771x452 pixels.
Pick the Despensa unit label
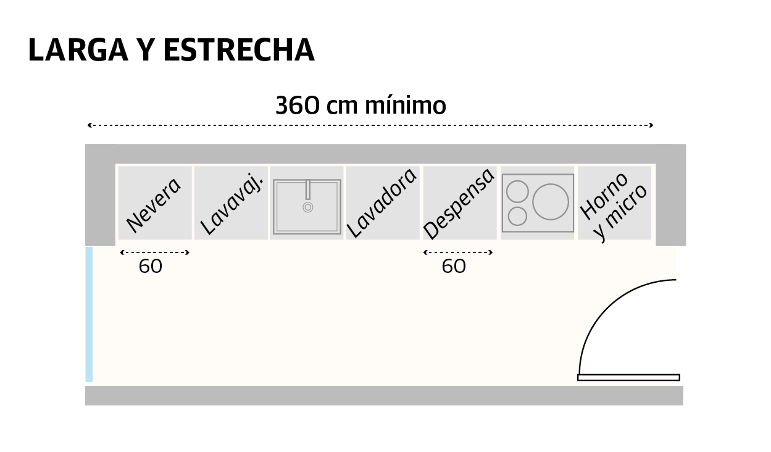pos(459,203)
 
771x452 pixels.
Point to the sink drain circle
pos(307,207)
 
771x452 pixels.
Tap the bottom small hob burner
pos(517,216)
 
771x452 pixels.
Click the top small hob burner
pos(517,192)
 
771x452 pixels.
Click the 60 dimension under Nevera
pos(150,267)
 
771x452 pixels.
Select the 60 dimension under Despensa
pos(454,267)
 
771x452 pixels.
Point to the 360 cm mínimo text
pos(360,106)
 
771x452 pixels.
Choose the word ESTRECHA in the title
pos(240,51)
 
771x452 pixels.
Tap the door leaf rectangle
pos(628,377)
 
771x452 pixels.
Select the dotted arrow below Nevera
pos(154,252)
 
